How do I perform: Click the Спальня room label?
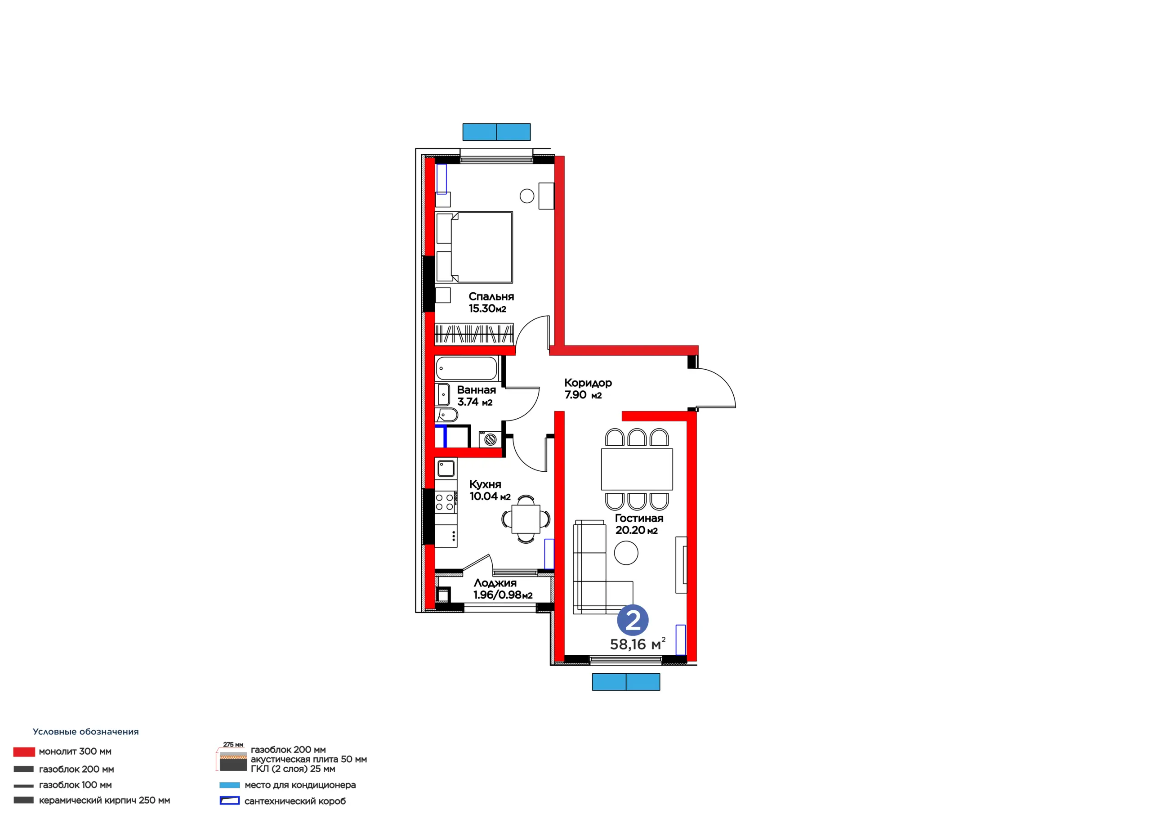point(491,296)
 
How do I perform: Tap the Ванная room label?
point(476,390)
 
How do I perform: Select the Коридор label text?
point(588,383)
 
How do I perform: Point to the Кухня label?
point(485,484)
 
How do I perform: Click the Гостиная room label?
point(639,518)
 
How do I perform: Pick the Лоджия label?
point(495,583)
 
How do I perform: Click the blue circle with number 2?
point(633,621)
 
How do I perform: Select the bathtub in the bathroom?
point(466,369)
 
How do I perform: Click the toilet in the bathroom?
point(447,415)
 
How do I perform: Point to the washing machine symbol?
point(490,439)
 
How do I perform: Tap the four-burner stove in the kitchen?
point(446,501)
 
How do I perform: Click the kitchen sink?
point(446,469)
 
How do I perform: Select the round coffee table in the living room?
point(626,553)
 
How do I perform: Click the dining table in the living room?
point(637,469)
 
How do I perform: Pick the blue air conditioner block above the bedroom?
point(496,132)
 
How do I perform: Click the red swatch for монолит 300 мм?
point(24,752)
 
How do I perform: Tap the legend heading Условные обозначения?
point(86,732)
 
